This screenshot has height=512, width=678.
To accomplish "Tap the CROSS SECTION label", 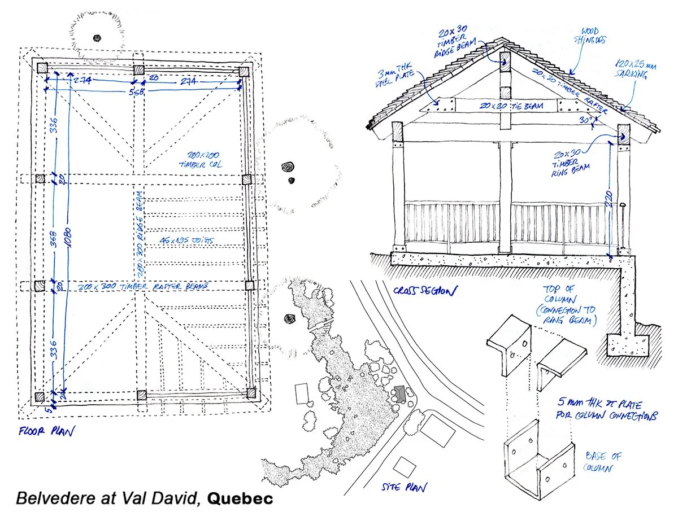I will (423, 291).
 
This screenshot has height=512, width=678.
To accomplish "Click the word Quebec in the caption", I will (240, 498).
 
